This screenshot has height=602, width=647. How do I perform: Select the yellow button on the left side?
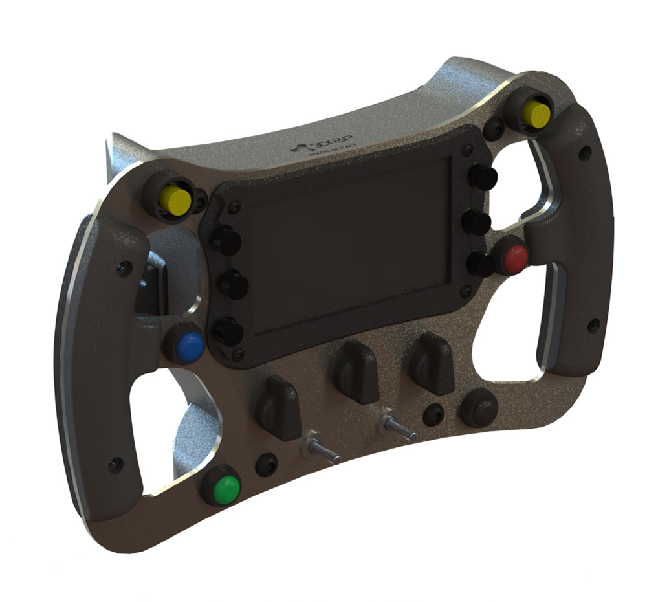click(175, 201)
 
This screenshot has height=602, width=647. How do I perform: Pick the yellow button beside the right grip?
click(536, 115)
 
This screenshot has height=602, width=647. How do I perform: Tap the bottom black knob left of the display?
click(228, 331)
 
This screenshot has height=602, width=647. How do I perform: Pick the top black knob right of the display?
click(483, 176)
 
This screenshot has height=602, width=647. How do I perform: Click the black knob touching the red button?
click(482, 264)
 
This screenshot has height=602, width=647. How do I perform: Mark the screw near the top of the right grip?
click(585, 153)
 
